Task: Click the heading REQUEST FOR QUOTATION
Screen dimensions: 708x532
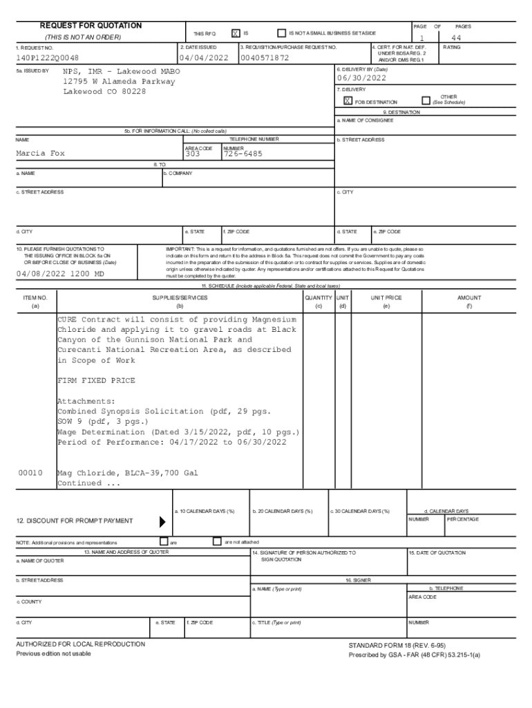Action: pyautogui.click(x=91, y=26)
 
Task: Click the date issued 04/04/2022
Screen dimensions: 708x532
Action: pyautogui.click(x=203, y=58)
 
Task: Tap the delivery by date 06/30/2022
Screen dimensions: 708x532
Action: pyautogui.click(x=361, y=78)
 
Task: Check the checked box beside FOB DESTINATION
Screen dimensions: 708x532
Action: pyautogui.click(x=348, y=101)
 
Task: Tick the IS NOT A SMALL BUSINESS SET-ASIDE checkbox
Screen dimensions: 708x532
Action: pyautogui.click(x=281, y=32)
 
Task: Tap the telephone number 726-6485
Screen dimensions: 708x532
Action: pyautogui.click(x=243, y=153)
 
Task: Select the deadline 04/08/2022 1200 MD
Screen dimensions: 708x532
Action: pyautogui.click(x=60, y=274)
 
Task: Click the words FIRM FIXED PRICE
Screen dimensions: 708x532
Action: pyautogui.click(x=96, y=381)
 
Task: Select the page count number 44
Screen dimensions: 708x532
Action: pyautogui.click(x=456, y=38)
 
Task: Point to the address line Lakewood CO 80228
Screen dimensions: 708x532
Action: pyautogui.click(x=104, y=92)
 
